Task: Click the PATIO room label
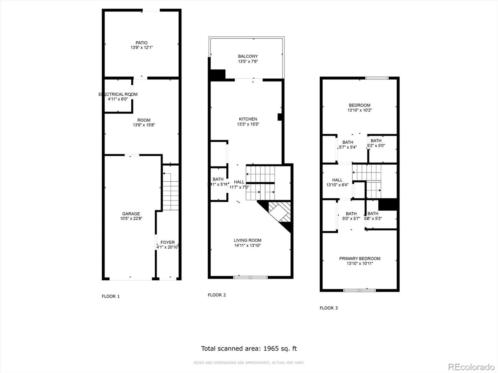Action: tap(141, 43)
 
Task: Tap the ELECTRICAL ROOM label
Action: tap(118, 94)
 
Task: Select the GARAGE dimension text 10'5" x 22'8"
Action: tap(131, 219)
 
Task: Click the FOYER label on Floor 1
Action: tap(167, 242)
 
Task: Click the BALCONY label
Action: tap(248, 56)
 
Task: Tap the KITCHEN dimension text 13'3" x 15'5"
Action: tap(248, 124)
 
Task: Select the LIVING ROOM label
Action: tap(247, 240)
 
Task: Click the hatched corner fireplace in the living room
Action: tap(280, 212)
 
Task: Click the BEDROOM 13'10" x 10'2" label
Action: tap(359, 105)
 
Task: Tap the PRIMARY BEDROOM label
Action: tap(359, 259)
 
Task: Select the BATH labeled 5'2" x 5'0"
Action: tap(376, 141)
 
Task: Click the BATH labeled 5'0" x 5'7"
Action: tap(351, 214)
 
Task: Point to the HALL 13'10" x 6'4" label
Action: tap(337, 180)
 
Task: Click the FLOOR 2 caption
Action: tap(217, 295)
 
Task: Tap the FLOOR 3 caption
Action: tap(328, 308)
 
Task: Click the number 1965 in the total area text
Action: tap(271, 348)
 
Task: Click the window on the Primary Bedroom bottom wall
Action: tap(359, 290)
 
